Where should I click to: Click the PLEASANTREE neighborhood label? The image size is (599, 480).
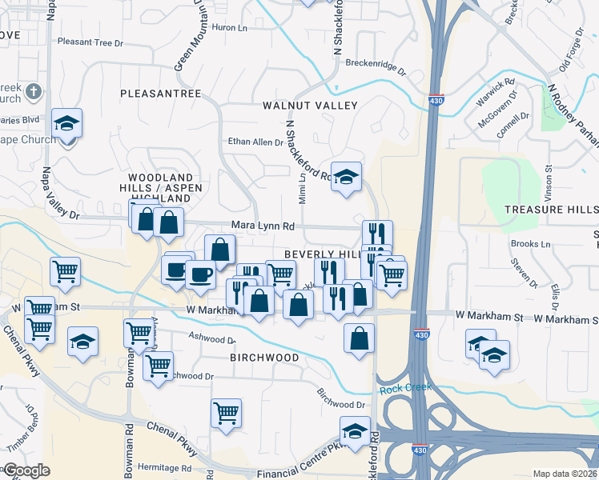[x=160, y=94]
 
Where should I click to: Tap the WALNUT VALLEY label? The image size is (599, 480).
[x=309, y=106]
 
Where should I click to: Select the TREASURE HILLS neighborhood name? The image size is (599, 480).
[x=551, y=209]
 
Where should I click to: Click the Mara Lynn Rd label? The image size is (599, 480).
[x=263, y=226]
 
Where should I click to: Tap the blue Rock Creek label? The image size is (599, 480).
[x=404, y=387]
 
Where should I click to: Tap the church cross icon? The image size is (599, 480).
[x=34, y=91]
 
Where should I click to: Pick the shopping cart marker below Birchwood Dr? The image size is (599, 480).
[x=227, y=414]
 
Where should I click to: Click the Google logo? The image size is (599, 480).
[x=26, y=470]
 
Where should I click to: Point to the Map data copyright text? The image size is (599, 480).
[x=565, y=474]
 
